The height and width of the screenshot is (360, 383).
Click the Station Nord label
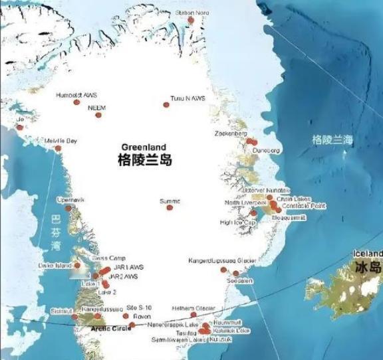coord(192,13)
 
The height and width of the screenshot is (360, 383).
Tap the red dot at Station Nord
coord(191,20)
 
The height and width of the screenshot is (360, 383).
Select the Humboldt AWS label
coord(76,95)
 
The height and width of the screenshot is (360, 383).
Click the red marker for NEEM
coord(98,115)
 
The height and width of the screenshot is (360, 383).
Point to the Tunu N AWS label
coord(188,98)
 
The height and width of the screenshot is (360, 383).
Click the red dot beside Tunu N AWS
coord(167,104)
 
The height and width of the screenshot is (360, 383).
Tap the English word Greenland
coord(144,147)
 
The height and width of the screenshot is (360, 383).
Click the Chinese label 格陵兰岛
coord(144,159)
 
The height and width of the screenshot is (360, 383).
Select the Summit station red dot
coord(170,208)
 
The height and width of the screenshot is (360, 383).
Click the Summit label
coord(170,201)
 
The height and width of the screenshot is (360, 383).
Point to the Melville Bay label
coord(61,141)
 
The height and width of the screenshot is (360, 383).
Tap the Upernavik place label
coord(71,199)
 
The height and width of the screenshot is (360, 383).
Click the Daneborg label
coord(267,151)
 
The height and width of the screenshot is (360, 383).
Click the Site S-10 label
coord(139,308)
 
